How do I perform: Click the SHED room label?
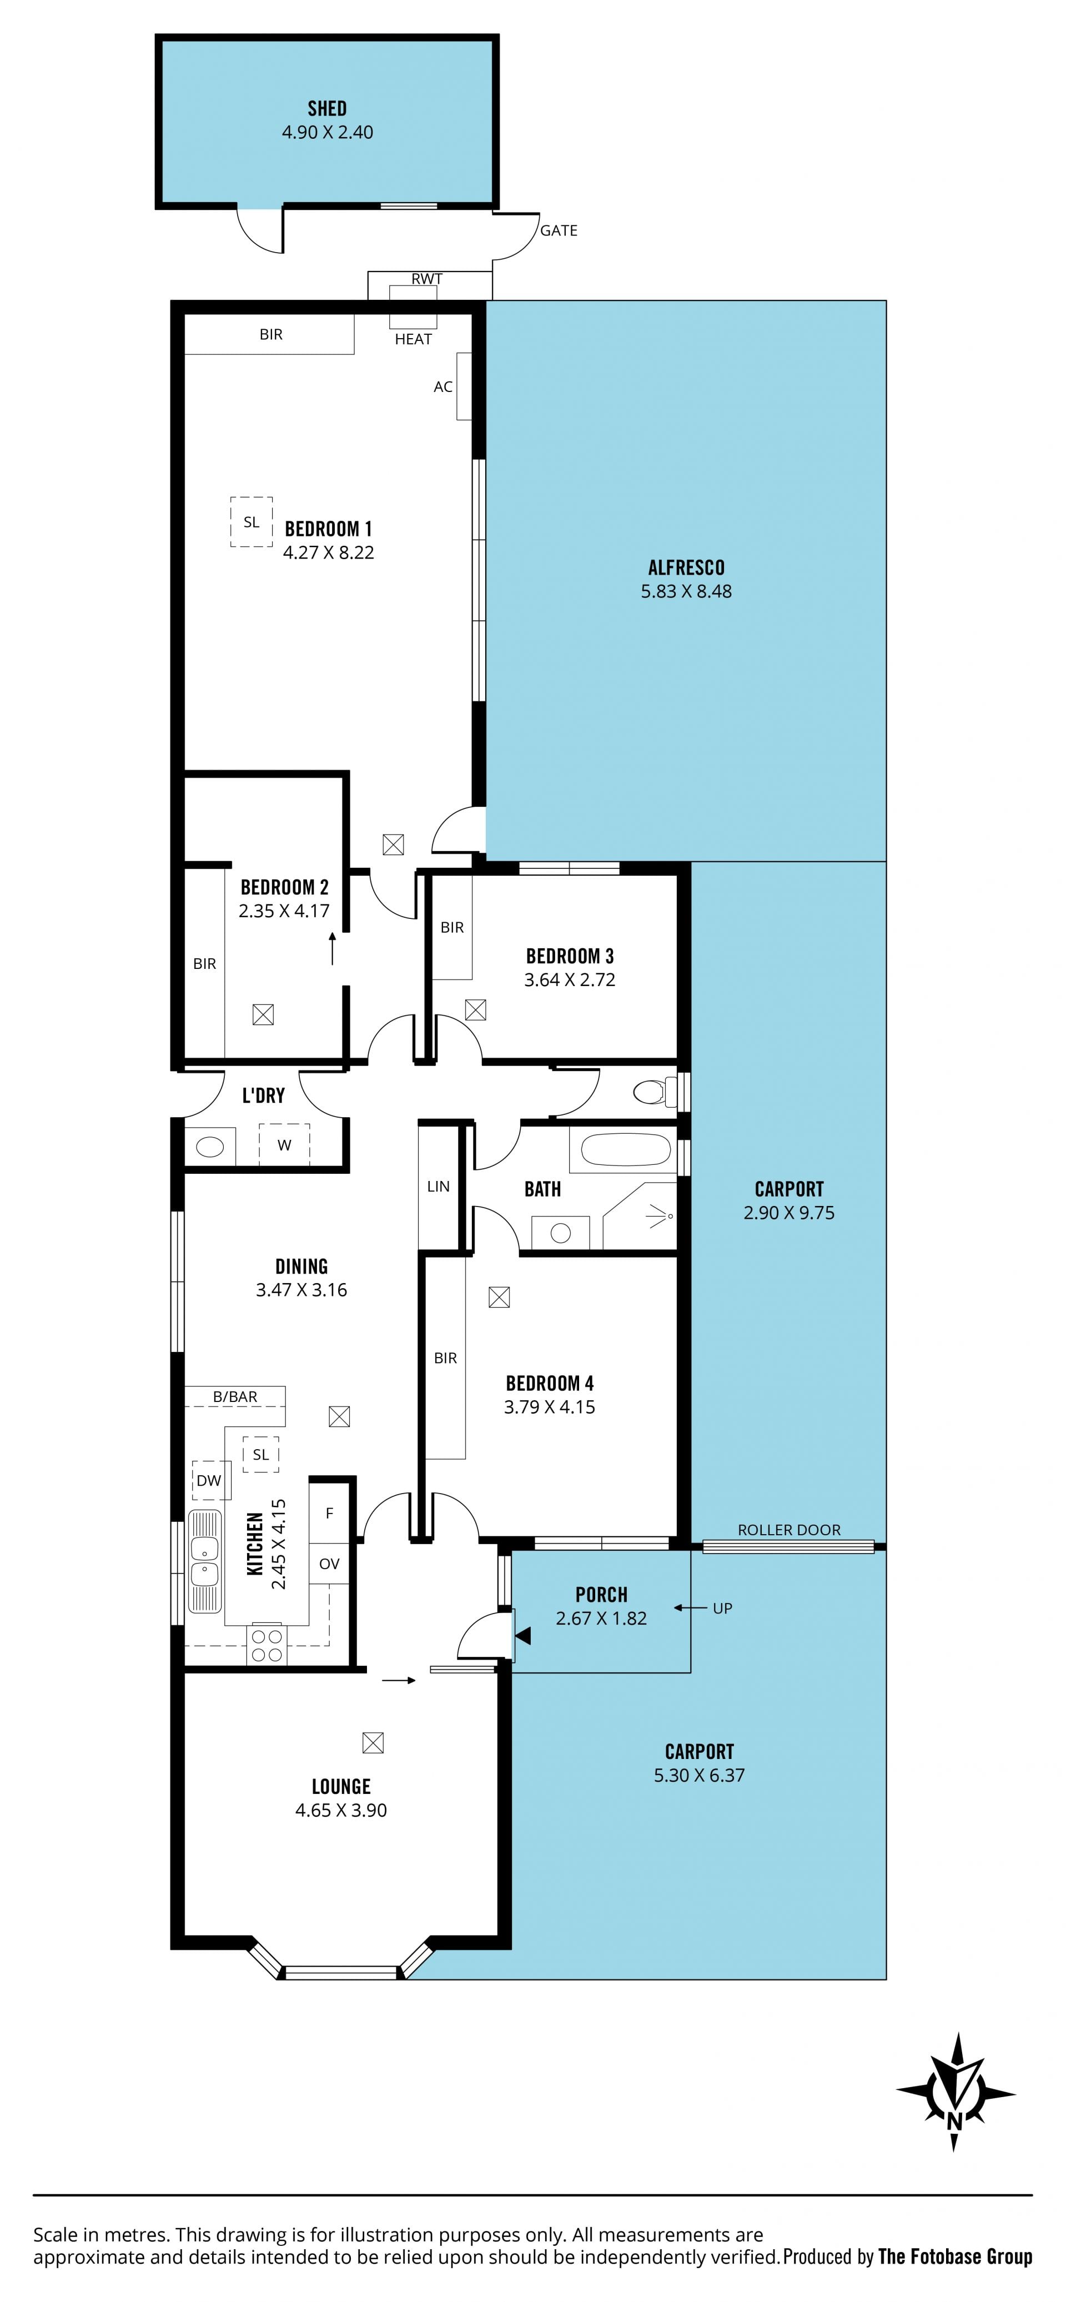[x=327, y=108]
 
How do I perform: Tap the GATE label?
[x=559, y=230]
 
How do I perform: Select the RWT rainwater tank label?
[x=426, y=279]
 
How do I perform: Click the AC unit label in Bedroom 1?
[x=443, y=387]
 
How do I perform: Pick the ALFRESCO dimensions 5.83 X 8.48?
[x=686, y=591]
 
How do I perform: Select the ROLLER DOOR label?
[x=789, y=1530]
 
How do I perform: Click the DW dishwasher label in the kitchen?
[x=209, y=1481]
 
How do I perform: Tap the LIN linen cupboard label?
[x=438, y=1187]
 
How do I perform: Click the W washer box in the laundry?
[x=284, y=1145]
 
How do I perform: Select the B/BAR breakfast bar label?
[x=235, y=1397]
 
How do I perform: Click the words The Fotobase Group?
[x=954, y=2258]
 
